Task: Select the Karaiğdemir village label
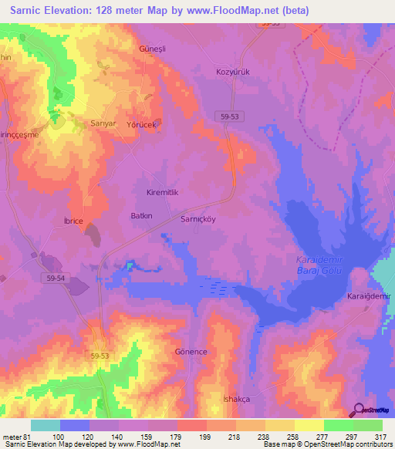pos(370,296)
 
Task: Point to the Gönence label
pos(192,351)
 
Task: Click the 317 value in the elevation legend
pos(381,436)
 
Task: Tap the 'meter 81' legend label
pos(16,436)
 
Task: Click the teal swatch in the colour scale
pos(46,425)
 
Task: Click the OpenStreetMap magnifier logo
pos(358,410)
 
